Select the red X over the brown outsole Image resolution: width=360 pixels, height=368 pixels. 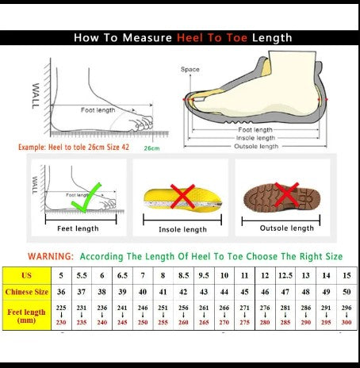282,194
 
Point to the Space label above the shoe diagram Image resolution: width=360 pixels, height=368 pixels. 190,69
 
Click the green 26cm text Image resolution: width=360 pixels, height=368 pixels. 151,148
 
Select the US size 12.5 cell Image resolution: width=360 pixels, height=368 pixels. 285,274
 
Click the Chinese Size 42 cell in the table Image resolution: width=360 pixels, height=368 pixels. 183,292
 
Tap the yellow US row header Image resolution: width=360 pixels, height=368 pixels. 27,274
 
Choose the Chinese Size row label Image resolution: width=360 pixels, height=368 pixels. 27,292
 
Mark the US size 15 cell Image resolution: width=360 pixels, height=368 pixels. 347,274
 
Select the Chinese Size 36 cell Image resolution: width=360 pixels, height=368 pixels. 61,292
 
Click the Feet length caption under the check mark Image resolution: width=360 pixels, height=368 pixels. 78,228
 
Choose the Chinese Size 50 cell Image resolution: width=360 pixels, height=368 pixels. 347,292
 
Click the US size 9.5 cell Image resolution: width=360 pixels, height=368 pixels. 204,274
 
